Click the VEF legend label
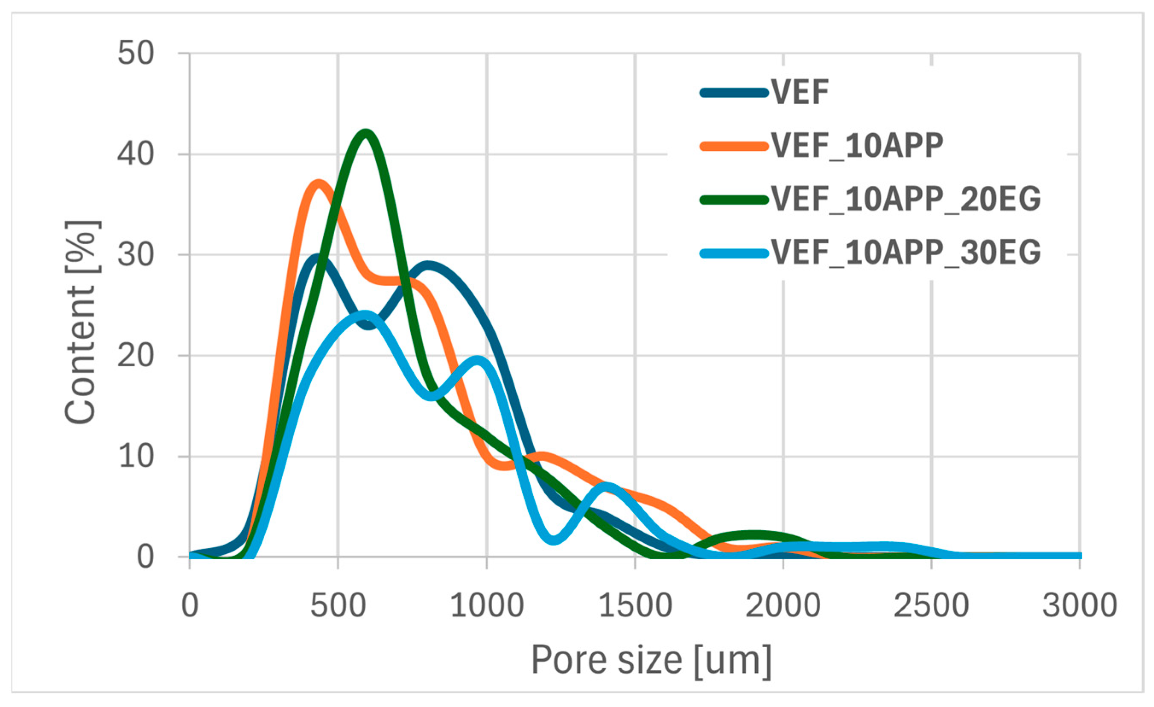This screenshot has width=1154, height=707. click(x=800, y=92)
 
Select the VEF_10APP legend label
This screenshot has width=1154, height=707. click(x=857, y=146)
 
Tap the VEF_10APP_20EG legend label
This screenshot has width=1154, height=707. click(x=906, y=199)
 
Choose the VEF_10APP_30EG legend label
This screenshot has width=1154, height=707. click(x=906, y=253)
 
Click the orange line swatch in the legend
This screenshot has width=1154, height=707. click(x=734, y=146)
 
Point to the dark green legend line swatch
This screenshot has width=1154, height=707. click(x=734, y=200)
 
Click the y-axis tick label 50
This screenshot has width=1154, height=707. click(x=135, y=53)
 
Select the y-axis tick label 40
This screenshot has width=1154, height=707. click(x=135, y=154)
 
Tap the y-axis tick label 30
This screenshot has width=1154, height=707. click(x=135, y=255)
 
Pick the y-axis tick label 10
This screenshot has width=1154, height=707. click(x=135, y=456)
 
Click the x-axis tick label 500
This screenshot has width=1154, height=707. click(x=338, y=605)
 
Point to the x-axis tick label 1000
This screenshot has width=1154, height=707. click(x=487, y=605)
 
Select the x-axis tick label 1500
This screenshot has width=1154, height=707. click(x=635, y=605)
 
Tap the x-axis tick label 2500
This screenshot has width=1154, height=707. click(x=931, y=605)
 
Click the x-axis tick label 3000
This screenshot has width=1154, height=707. click(x=1080, y=605)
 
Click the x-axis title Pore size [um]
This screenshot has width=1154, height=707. click(x=651, y=660)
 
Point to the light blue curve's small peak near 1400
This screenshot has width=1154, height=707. click(x=608, y=485)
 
